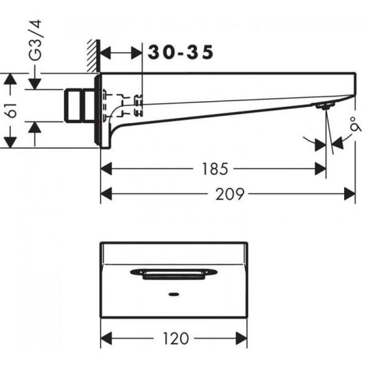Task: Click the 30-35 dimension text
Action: pyautogui.click(x=180, y=53)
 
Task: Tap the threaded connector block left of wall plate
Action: pyautogui.click(x=79, y=105)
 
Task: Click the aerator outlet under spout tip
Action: pyautogui.click(x=324, y=106)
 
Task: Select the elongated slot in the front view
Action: pyautogui.click(x=174, y=273)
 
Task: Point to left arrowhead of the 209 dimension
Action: pyautogui.click(x=105, y=194)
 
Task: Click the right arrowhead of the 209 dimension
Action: pyautogui.click(x=350, y=194)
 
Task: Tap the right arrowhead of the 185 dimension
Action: pyautogui.click(x=321, y=167)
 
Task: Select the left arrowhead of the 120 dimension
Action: pyautogui.click(x=105, y=339)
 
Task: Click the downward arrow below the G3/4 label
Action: pyautogui.click(x=35, y=82)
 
